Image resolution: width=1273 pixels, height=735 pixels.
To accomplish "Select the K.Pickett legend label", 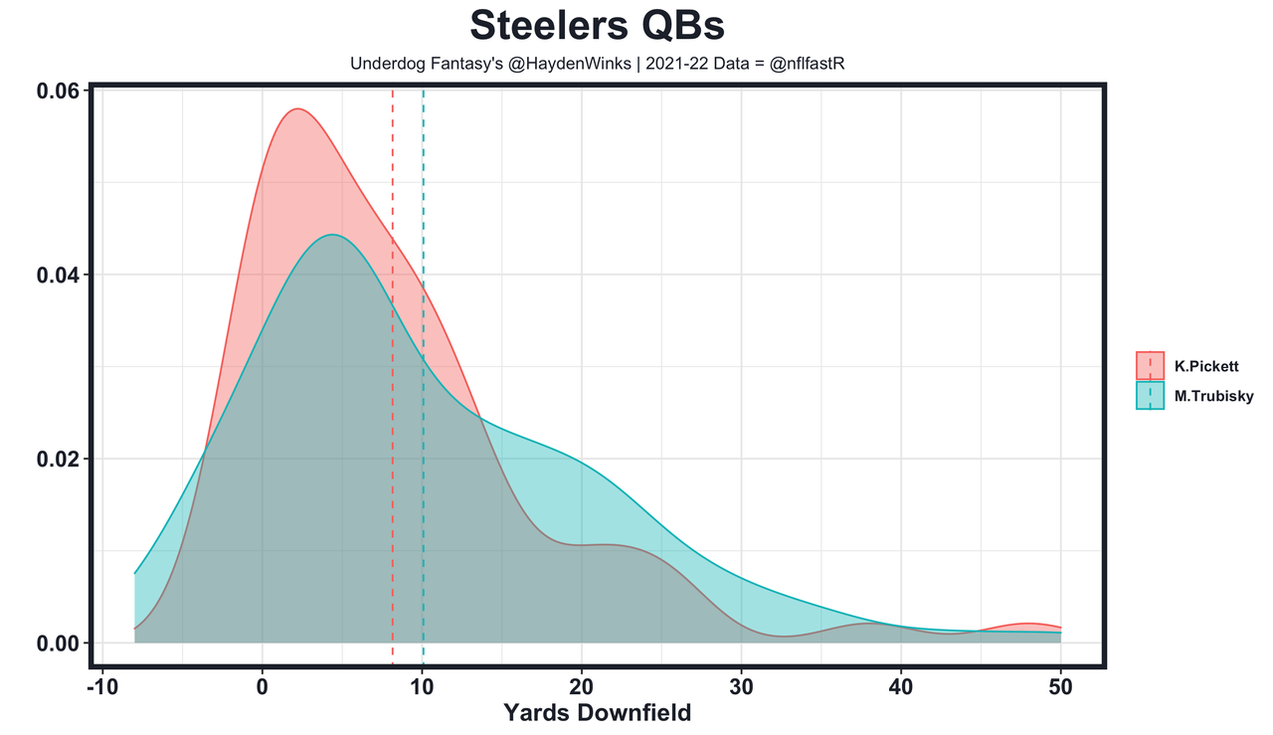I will tap(1205, 366).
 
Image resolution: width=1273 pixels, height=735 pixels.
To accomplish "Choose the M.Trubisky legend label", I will tap(1213, 396).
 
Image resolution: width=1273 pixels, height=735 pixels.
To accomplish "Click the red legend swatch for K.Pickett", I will tap(1150, 366).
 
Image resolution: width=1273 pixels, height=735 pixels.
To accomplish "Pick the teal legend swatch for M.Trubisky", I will tap(1150, 396).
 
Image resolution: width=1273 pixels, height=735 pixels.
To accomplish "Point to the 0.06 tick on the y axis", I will tap(58, 91).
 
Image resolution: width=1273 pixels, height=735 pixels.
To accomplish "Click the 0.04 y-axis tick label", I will tap(58, 275).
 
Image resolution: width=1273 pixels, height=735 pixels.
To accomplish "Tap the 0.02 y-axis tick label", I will tap(58, 459).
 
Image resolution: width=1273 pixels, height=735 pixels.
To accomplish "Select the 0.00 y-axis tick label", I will tap(58, 643).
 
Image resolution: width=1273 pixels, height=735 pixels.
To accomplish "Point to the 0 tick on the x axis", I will tap(263, 687).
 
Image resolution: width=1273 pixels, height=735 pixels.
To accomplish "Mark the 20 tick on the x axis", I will tap(582, 687).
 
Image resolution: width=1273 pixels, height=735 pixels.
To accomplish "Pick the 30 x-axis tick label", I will tap(741, 687).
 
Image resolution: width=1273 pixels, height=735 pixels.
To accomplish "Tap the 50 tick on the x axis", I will tap(1060, 687).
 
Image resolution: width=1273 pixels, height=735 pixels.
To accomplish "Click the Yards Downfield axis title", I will tap(597, 713).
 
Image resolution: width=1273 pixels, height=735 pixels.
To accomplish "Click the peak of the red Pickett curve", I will tap(296, 109).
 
